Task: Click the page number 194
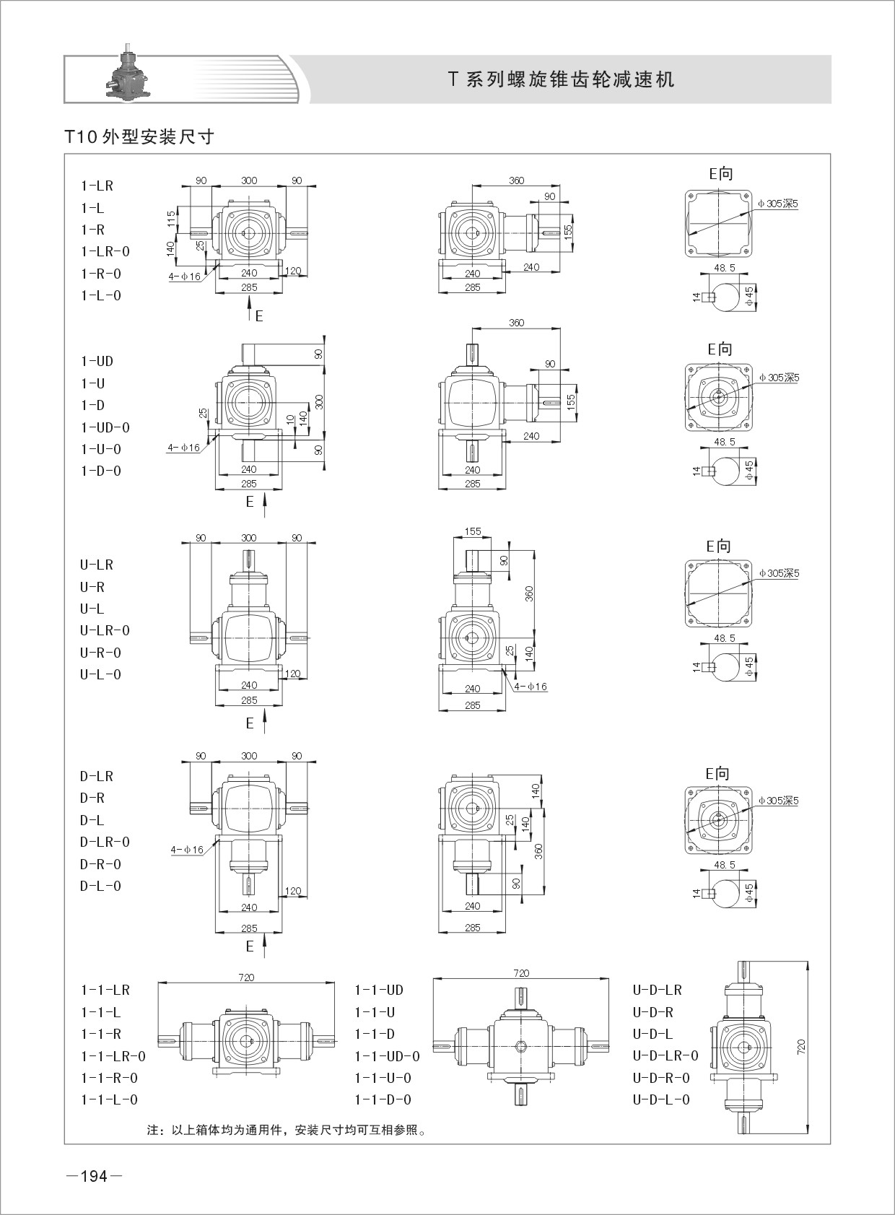[95, 1177]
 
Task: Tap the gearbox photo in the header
[126, 74]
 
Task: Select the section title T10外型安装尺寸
[139, 136]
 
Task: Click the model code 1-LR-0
[105, 252]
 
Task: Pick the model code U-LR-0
[105, 631]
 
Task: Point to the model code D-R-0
[101, 864]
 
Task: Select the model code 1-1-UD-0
[387, 1056]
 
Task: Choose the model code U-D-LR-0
[665, 1055]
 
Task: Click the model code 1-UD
[97, 362]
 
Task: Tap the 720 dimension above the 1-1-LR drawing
[246, 977]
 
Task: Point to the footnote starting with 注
[287, 1130]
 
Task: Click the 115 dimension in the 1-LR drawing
[171, 219]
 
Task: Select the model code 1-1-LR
[105, 990]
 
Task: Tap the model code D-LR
[97, 777]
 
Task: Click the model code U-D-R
[652, 1012]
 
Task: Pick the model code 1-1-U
[375, 1012]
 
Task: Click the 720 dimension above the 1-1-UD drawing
[521, 972]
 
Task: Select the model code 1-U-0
[101, 449]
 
